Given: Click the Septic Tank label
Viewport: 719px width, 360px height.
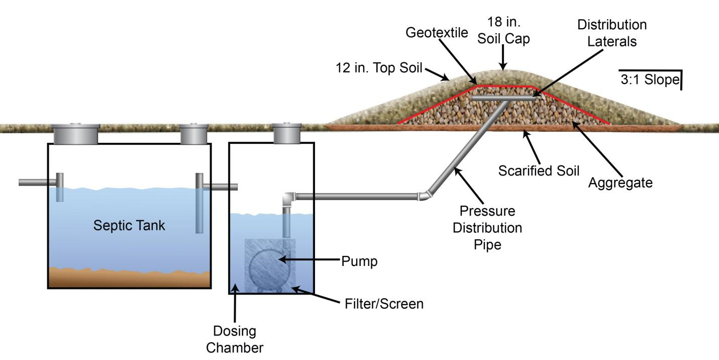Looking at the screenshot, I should click(x=129, y=225).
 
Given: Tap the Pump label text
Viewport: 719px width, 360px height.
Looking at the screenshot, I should click(x=359, y=261).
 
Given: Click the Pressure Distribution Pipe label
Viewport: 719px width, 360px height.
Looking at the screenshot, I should click(x=487, y=227).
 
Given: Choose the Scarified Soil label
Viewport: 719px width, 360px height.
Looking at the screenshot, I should click(x=539, y=171).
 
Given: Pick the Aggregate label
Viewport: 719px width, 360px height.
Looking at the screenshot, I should click(x=621, y=183).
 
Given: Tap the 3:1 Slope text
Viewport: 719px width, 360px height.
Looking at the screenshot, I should click(x=650, y=80).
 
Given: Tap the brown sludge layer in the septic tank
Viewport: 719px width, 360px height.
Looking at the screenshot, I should click(x=129, y=278).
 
